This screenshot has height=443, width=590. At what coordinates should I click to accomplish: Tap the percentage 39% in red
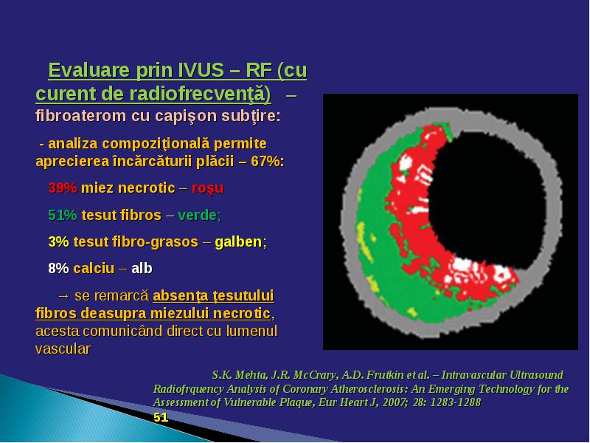(x=63, y=188)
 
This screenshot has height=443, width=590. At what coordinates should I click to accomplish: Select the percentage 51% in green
(x=63, y=215)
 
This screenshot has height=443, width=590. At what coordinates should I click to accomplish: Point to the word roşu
(x=207, y=188)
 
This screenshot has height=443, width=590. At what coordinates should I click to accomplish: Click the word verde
(x=198, y=215)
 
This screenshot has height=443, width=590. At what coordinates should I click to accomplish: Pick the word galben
(x=238, y=241)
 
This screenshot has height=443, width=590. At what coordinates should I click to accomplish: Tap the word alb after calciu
(x=142, y=268)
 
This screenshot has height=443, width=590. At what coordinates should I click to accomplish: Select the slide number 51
(x=161, y=417)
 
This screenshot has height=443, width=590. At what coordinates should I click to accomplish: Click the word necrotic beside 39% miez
(x=147, y=188)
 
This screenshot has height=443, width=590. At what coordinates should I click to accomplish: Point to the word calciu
(x=94, y=268)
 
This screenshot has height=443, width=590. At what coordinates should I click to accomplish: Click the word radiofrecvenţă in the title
(x=200, y=95)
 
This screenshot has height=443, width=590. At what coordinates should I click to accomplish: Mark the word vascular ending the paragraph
(x=63, y=348)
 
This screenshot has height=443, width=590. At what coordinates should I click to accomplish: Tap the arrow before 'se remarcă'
(x=64, y=296)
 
